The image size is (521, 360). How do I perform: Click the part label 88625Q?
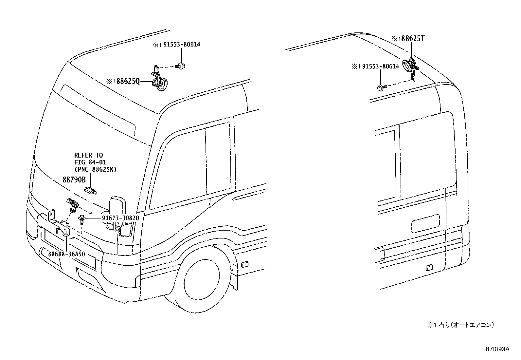128,82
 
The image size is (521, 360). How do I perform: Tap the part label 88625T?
413,38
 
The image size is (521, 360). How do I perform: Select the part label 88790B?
74,180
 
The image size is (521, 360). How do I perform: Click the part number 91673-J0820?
120,218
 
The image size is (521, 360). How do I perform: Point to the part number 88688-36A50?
67,254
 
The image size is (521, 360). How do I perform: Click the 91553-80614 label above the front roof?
182,45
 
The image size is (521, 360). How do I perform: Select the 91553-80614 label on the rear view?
381,66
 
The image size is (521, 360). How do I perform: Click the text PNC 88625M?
95,169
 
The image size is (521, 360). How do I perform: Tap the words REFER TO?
88,155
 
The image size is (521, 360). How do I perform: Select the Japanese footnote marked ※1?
460,325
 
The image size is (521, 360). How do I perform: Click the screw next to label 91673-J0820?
81,220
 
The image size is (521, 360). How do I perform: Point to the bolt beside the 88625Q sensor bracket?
181,66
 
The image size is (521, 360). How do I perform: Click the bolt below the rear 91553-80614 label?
382,87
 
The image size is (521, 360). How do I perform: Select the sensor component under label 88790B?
73,205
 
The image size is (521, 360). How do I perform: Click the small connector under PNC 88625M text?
90,191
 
